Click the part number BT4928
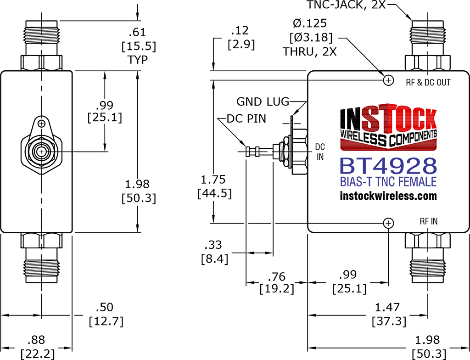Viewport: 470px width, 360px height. pos(388,166)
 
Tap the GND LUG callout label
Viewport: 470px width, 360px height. pos(263,101)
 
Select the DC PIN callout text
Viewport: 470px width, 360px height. pos(246,119)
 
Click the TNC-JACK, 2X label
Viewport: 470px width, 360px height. pos(346,5)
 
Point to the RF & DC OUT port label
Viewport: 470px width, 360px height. pos(428,83)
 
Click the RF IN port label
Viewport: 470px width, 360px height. pos(429,221)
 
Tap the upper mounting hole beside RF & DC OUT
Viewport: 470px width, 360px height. pos(388,80)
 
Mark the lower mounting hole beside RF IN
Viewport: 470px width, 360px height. pos(388,223)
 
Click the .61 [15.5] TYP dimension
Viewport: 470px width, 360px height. pos(139,46)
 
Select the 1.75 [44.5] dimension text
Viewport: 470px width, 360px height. pos(214,186)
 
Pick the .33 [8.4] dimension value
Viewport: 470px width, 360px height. pos(214,252)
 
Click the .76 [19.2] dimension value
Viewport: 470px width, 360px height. pos(277,282)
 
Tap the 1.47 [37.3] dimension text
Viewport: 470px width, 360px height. pos(389,314)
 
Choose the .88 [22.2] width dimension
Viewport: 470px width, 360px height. pos(38,347)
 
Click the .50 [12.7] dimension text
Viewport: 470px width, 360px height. pos(106,314)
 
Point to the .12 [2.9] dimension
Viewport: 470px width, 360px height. pos(241,38)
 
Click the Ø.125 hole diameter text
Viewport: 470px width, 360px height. pos(310,23)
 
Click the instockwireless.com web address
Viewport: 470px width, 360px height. pos(388,196)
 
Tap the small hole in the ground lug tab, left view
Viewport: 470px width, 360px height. pos(42,124)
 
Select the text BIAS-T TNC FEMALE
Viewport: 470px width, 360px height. pos(388,182)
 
